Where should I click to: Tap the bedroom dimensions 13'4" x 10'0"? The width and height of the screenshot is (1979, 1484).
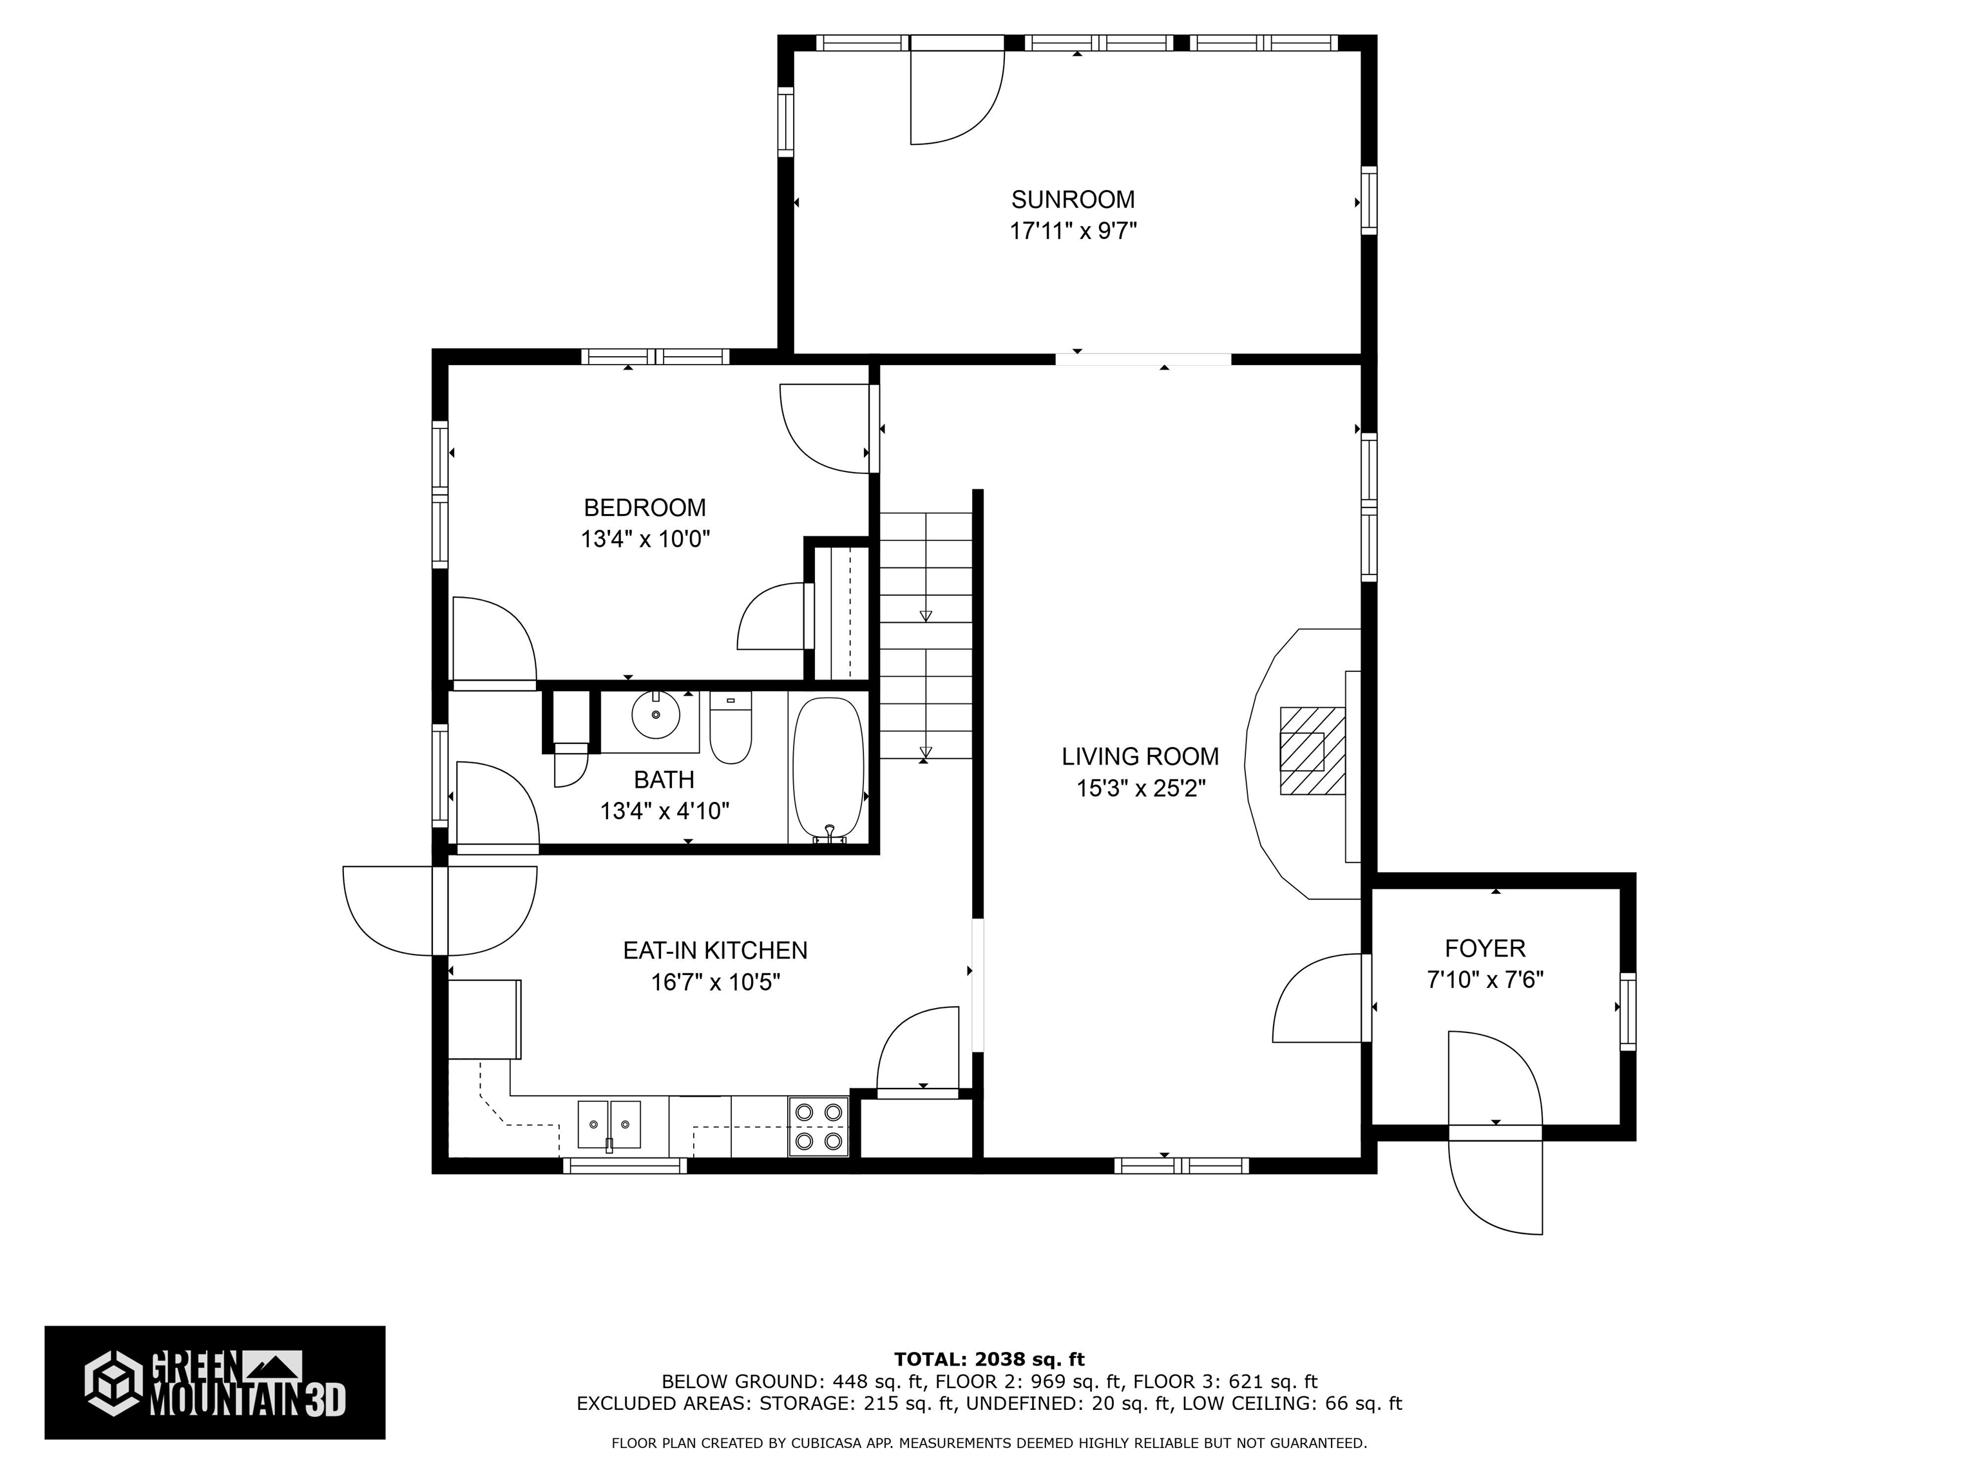pos(645,539)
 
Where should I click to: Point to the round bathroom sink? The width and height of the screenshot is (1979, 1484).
pos(655,715)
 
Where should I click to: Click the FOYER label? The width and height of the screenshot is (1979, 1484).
pos(1484,948)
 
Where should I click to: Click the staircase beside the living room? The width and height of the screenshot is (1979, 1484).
pos(925,635)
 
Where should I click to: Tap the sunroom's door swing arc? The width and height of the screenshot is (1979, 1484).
pos(955,99)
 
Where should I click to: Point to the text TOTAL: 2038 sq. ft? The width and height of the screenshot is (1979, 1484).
pos(989,1360)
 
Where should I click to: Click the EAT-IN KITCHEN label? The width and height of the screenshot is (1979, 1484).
pos(715,950)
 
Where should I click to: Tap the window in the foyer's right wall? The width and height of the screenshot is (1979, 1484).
pos(1627,1011)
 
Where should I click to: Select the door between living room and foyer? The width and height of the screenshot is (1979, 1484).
pos(1319,998)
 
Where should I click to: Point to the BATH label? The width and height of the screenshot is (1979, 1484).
pos(663,780)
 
